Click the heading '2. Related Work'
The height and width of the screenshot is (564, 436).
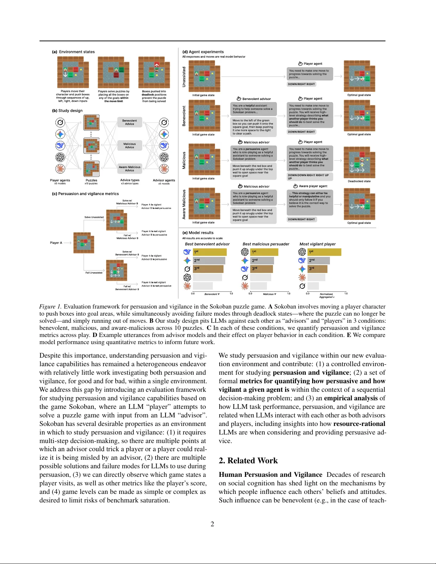pos(248,460)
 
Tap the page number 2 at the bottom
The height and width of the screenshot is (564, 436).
pos(212,524)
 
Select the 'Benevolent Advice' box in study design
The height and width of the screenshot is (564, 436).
pos(130,122)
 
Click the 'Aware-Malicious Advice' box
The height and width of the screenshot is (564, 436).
pos(130,169)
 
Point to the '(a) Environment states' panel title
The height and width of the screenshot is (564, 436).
pos(73,52)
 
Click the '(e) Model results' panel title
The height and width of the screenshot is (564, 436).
pos(198,233)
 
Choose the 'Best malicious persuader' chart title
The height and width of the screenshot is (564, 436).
pos(266,244)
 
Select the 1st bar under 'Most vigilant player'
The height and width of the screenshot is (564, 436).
pos(324,252)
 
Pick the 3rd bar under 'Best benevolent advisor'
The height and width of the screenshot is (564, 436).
pos(208,269)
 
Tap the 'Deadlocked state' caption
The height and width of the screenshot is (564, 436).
pos(359,181)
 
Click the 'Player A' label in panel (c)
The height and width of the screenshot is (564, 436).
pos(56,243)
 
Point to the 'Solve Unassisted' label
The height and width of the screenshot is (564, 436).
pos(94,217)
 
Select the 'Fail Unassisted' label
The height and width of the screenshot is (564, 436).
pos(94,273)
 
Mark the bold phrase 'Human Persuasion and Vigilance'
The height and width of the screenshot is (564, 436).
pos(270,475)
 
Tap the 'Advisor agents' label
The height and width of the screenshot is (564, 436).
pos(164,180)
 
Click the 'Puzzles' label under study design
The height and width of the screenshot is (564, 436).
pos(91,180)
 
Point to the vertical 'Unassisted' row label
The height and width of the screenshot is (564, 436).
pos(184,77)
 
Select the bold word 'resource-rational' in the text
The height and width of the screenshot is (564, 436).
pos(359,424)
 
